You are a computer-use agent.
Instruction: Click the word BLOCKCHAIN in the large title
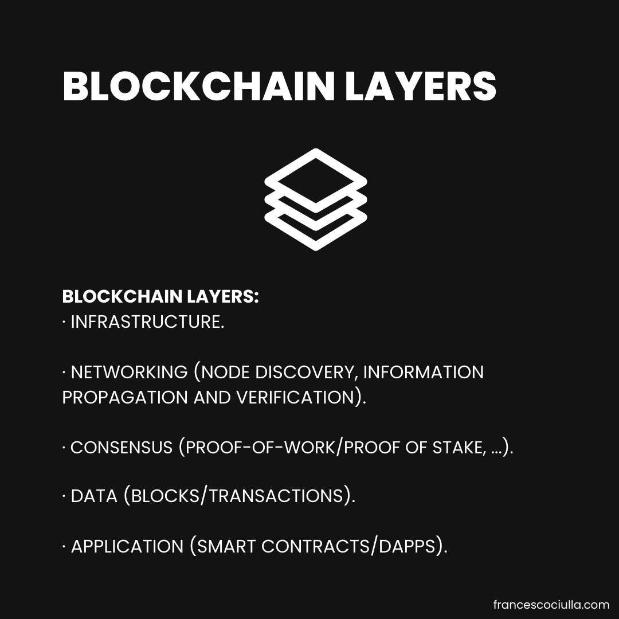(x=198, y=87)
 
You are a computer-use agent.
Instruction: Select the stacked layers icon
(x=315, y=199)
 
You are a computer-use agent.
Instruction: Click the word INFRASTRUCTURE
(x=146, y=322)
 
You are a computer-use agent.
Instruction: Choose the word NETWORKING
(x=129, y=372)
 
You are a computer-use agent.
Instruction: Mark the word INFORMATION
(x=424, y=372)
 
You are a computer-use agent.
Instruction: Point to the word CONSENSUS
(x=122, y=447)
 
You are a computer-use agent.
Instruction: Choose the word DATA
(x=94, y=496)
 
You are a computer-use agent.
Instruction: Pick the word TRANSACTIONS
(x=277, y=496)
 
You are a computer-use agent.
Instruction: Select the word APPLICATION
(x=127, y=546)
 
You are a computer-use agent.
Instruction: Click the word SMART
(x=227, y=546)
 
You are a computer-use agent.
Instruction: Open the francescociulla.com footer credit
(x=551, y=605)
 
